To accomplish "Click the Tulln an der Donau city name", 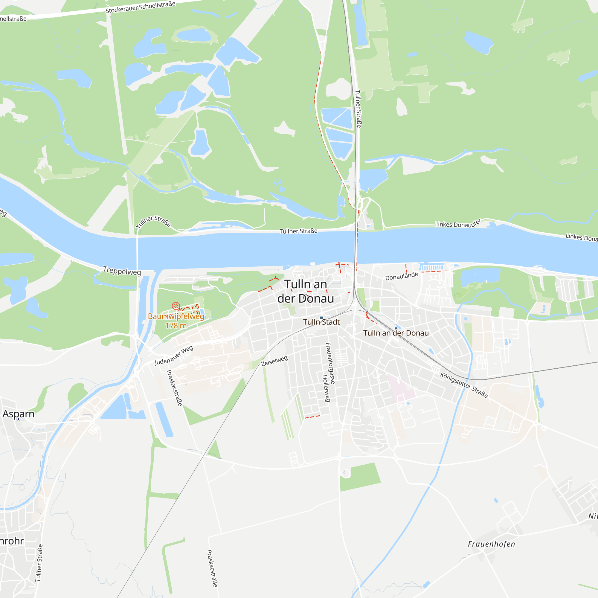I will pos(306,291).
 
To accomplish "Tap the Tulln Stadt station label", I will pos(321,322).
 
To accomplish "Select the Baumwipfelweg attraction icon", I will pos(176,306).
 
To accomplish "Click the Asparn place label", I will pos(19,414).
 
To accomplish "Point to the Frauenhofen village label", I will pos(491,544).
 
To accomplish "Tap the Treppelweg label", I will pos(122,271).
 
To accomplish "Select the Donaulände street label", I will pos(402,276).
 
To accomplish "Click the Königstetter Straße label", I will pos(464,385).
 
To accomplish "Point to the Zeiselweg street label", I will pos(274,361).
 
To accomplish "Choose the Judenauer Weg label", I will pos(174,355).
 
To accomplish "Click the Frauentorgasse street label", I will pos(330,363).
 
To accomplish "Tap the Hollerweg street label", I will pos(326,388).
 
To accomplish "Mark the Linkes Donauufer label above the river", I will pos(458,223).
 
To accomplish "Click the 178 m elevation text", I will pos(176,326).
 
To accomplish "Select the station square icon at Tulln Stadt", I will pos(321,318).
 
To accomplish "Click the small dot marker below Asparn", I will pos(19,419).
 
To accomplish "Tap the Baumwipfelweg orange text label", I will pos(176,316).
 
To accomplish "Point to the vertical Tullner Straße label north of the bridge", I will pos(358,109).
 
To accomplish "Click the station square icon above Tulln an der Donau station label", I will pos(396,329).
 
